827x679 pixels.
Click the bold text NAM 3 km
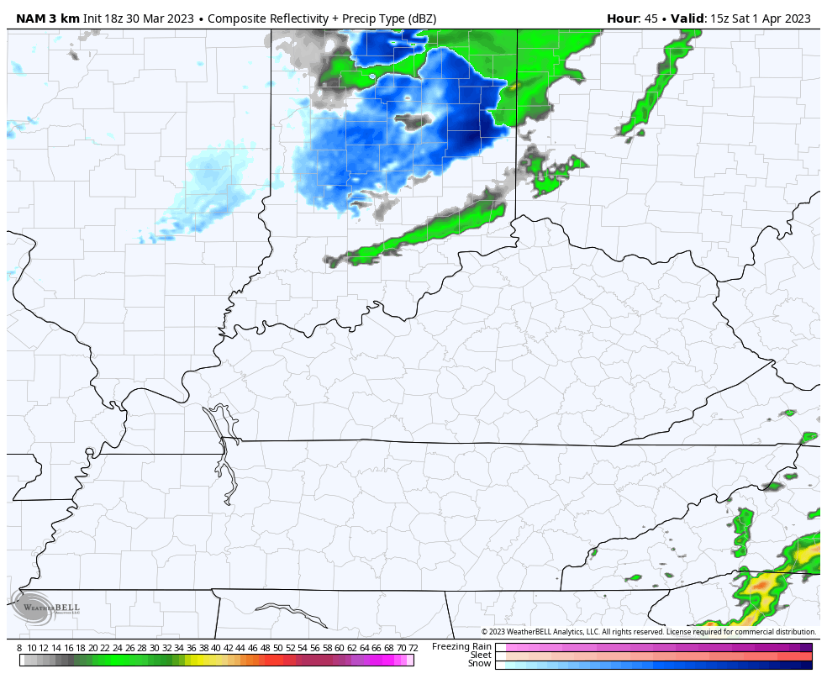pyautogui.click(x=48, y=18)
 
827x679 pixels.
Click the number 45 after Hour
pyautogui.click(x=651, y=18)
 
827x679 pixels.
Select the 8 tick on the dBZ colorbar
pyautogui.click(x=19, y=648)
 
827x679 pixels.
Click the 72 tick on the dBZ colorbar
pyautogui.click(x=413, y=648)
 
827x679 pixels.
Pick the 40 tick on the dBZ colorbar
pyautogui.click(x=216, y=648)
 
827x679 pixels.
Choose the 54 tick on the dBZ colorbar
pyautogui.click(x=303, y=648)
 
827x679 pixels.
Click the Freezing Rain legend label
pyautogui.click(x=461, y=646)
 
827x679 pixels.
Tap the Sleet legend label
pyautogui.click(x=481, y=655)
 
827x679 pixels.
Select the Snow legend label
pyautogui.click(x=480, y=664)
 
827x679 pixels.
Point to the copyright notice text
pyautogui.click(x=648, y=632)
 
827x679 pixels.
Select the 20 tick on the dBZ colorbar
pyautogui.click(x=93, y=648)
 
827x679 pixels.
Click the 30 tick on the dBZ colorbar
pyautogui.click(x=155, y=648)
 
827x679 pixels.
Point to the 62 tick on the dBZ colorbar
pyautogui.click(x=351, y=648)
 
